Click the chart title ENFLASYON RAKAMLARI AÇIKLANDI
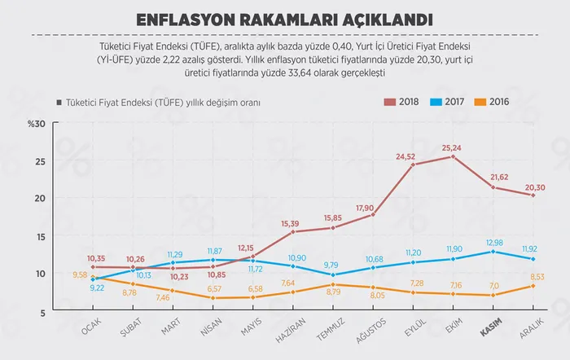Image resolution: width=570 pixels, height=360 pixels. [x=285, y=18]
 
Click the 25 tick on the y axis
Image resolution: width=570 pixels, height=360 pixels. [x=40, y=161]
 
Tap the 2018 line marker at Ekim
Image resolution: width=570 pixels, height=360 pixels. [x=453, y=156]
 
